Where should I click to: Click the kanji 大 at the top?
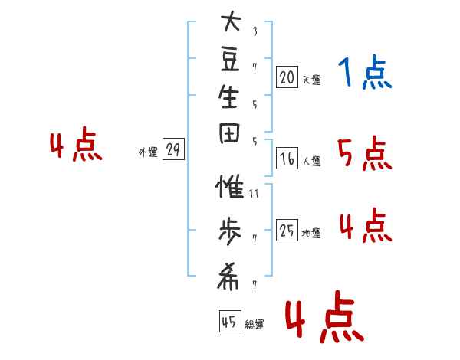(x=232, y=21)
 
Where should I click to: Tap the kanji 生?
(x=228, y=97)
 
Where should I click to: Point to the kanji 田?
(x=229, y=133)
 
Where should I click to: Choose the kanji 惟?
(x=230, y=186)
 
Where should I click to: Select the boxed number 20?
(x=287, y=77)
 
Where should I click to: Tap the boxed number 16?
(x=287, y=159)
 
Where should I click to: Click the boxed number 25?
(x=287, y=230)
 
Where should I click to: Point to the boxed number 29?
(x=173, y=149)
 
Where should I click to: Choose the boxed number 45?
(x=230, y=321)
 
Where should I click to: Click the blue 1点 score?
(x=365, y=72)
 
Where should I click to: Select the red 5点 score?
(x=365, y=154)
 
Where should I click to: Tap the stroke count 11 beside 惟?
(x=254, y=194)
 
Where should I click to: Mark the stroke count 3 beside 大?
(x=255, y=31)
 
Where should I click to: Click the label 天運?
(x=311, y=80)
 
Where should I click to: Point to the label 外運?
(x=148, y=152)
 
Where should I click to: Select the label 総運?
(x=255, y=324)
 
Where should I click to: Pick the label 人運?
(x=311, y=161)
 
